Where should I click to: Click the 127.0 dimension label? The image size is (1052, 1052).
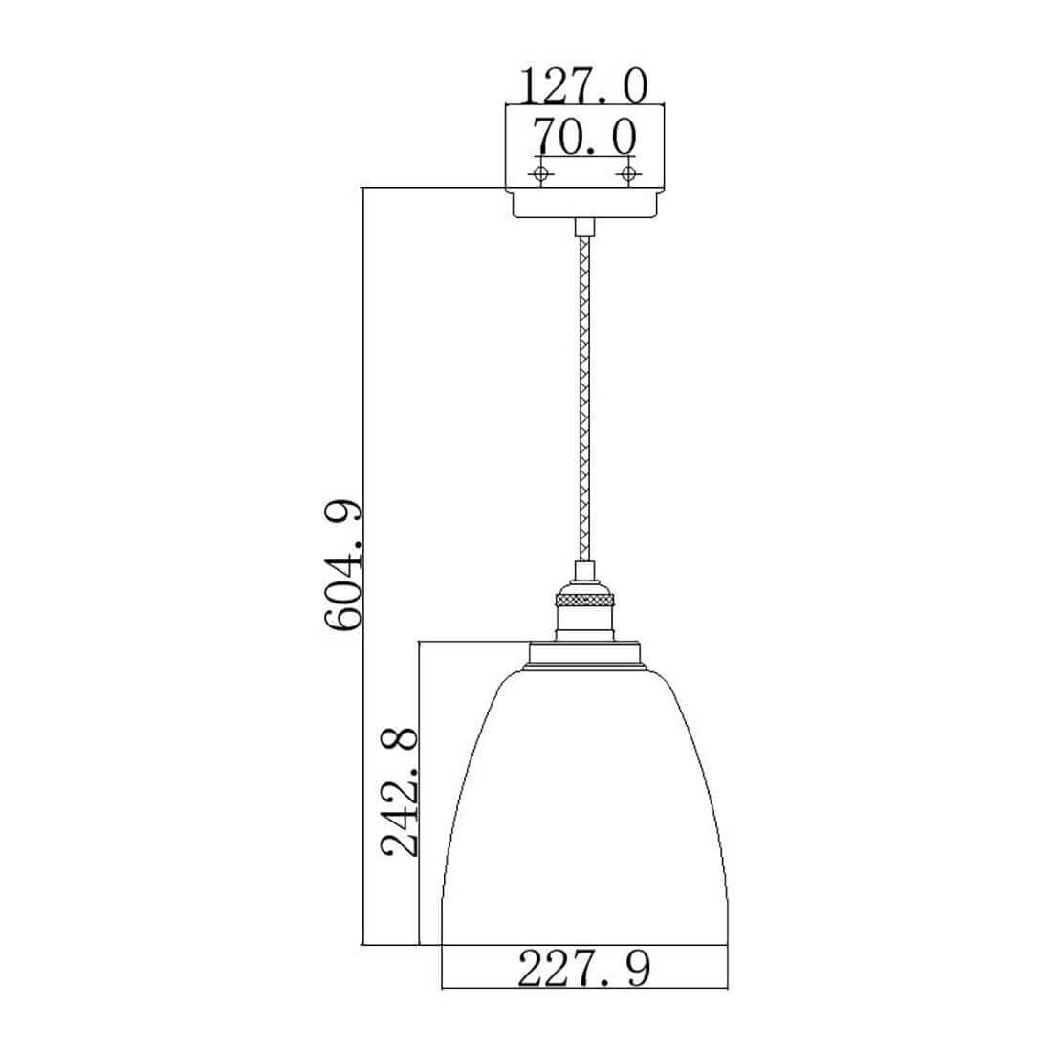[585, 86]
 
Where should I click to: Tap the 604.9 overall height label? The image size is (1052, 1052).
[342, 565]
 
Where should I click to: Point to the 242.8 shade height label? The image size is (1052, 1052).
[399, 794]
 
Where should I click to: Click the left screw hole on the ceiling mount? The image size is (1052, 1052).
[540, 174]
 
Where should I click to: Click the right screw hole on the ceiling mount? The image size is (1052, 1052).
[628, 174]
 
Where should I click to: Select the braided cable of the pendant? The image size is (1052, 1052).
[584, 400]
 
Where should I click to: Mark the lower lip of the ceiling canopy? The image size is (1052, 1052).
[584, 204]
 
